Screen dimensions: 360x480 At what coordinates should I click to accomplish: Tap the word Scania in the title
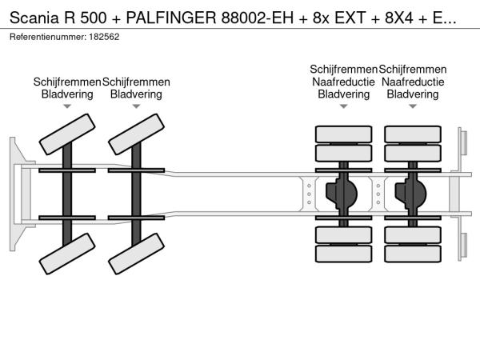(x=33, y=14)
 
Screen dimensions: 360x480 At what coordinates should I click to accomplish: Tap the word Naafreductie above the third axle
(x=343, y=82)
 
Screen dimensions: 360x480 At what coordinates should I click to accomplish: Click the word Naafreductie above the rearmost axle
(x=412, y=82)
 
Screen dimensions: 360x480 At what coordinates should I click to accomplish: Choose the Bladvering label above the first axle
(x=67, y=94)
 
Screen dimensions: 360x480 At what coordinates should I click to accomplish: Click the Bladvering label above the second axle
(x=136, y=94)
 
